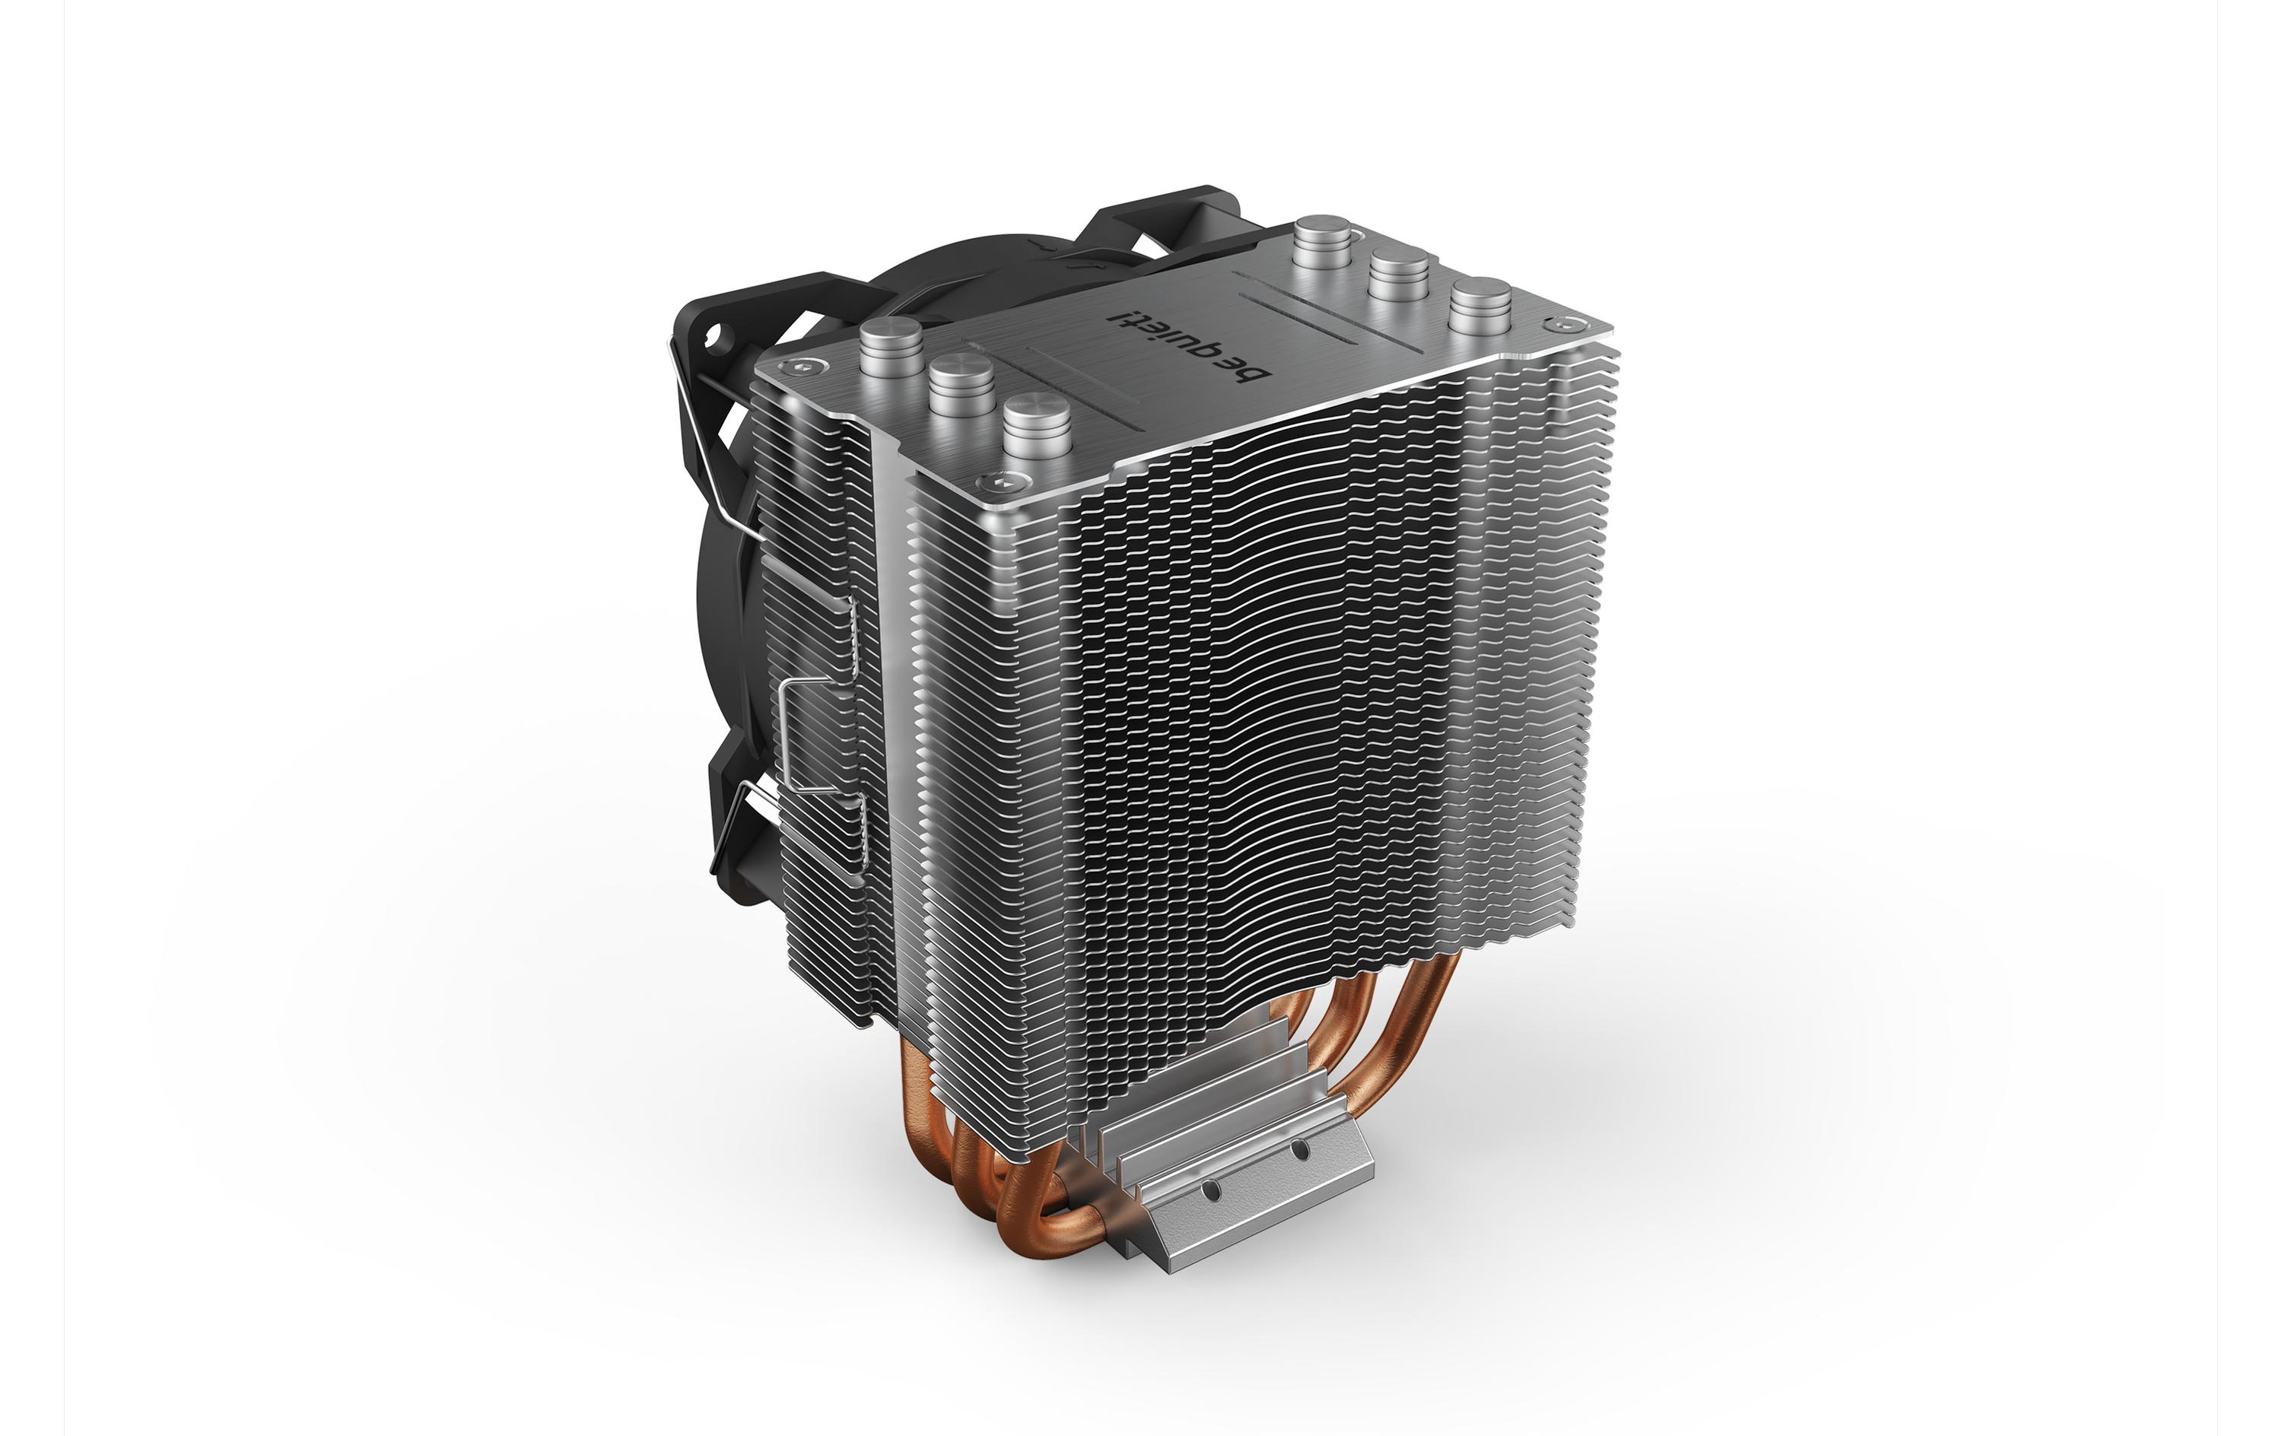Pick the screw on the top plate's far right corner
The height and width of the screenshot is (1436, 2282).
point(1559,325)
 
